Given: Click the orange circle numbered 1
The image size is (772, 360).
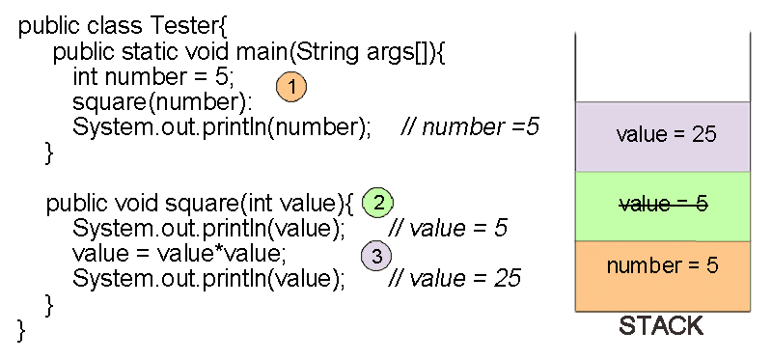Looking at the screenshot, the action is coord(291,87).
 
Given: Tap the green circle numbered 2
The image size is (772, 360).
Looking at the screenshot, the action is coord(378,203).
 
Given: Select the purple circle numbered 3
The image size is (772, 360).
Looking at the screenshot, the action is coord(376,256).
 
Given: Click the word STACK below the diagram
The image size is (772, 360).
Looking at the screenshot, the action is coord(661,326).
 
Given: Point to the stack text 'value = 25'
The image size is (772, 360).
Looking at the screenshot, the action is coord(666,134).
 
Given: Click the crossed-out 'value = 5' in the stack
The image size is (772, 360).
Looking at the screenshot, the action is coord(663,204).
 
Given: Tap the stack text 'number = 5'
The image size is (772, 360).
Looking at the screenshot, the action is coord(663,266).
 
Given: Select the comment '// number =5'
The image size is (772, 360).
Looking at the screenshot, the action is coord(470,127).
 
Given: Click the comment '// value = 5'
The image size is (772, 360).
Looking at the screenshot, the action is coord(448,229).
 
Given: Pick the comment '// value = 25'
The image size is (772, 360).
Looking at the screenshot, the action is coord(454,279).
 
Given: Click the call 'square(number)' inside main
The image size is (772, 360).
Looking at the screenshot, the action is coord(159,102).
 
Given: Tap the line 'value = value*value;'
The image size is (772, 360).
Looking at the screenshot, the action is coord(179,254).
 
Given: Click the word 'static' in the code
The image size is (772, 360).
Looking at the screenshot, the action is coord(147,52).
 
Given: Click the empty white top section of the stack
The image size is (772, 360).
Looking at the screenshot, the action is coord(663,67).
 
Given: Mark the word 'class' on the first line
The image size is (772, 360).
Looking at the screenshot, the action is coord(111,27).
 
